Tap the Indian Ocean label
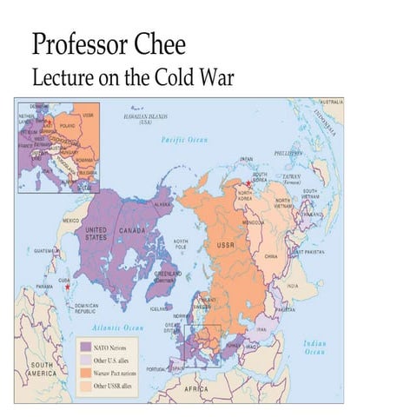coord(314,347)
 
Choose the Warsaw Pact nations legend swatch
coord(85,373)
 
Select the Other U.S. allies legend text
coord(114,361)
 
